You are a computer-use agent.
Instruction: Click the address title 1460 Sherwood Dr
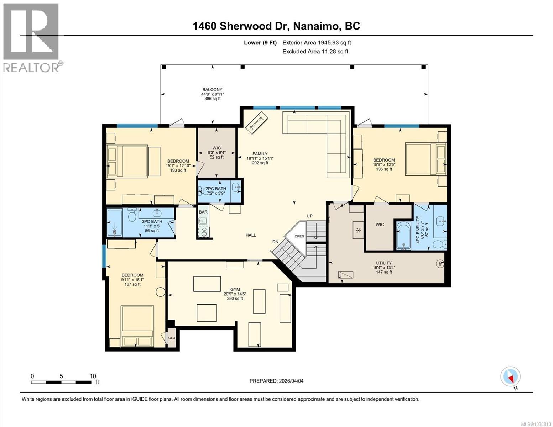(x=276, y=26)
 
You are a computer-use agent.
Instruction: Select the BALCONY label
(x=212, y=90)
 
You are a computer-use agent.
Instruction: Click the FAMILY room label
(x=260, y=154)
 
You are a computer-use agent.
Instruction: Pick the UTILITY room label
(x=384, y=263)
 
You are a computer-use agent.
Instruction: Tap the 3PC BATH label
(x=152, y=221)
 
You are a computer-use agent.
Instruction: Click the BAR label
(x=203, y=212)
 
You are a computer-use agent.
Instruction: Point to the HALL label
(x=251, y=235)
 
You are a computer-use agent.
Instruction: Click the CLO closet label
(x=172, y=338)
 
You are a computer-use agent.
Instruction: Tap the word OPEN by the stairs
(x=299, y=236)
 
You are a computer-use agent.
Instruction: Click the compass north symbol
(x=510, y=376)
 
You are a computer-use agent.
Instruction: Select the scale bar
(x=61, y=382)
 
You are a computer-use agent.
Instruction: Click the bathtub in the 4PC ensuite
(x=404, y=235)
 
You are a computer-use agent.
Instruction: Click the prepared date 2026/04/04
(x=276, y=381)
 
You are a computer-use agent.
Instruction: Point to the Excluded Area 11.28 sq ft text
(x=315, y=52)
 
